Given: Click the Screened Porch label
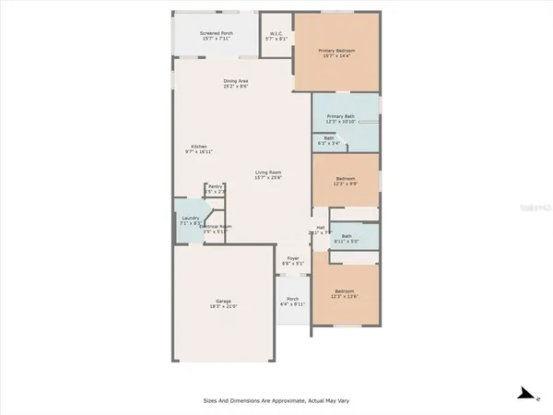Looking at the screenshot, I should pyautogui.click(x=216, y=33).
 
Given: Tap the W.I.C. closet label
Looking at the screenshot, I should pyautogui.click(x=276, y=34).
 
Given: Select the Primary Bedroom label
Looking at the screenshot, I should pyautogui.click(x=336, y=50).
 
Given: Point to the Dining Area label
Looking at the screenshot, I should pyautogui.click(x=236, y=81).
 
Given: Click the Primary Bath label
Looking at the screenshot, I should pyautogui.click(x=339, y=117).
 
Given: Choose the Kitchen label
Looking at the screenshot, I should pyautogui.click(x=199, y=147).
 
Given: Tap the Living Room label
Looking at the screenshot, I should pyautogui.click(x=268, y=172).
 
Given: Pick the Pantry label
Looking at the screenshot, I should pyautogui.click(x=215, y=186).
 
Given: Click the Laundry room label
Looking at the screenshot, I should pyautogui.click(x=190, y=218).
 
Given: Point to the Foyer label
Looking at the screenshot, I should pyautogui.click(x=292, y=258).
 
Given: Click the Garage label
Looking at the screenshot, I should pyautogui.click(x=223, y=301).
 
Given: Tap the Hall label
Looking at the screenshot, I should pyautogui.click(x=321, y=227).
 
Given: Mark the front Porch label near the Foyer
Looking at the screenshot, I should pyautogui.click(x=292, y=298).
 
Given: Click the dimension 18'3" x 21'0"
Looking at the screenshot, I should pyautogui.click(x=223, y=307).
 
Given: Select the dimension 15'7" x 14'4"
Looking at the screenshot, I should pyautogui.click(x=336, y=56).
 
